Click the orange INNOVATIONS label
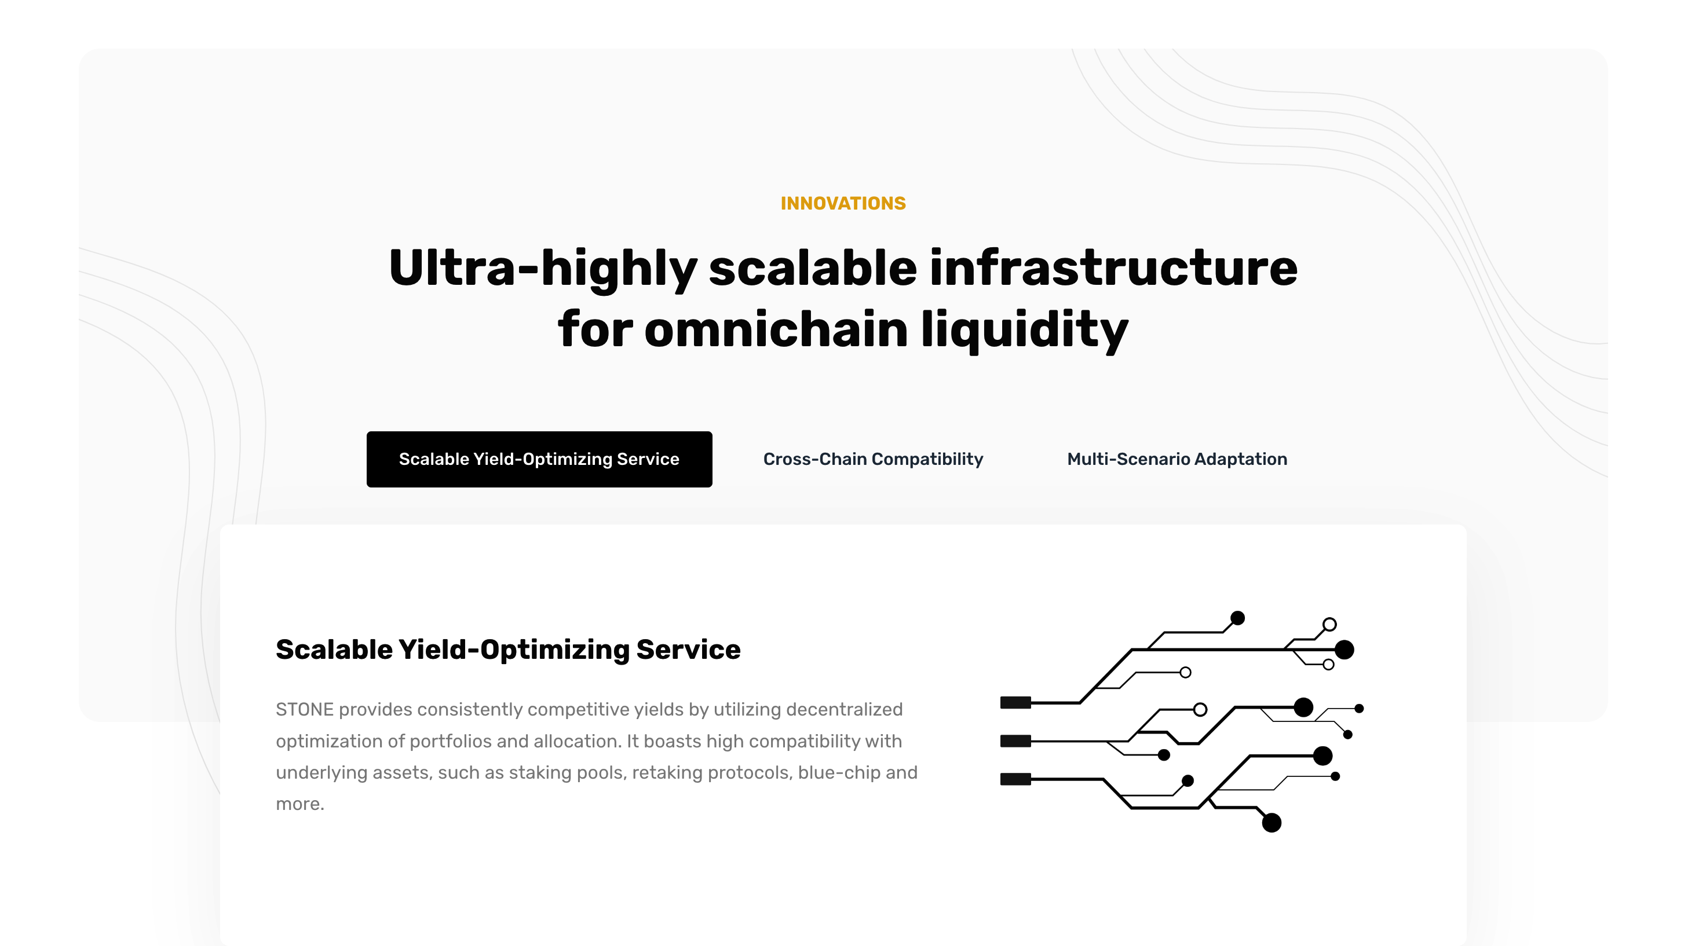(843, 203)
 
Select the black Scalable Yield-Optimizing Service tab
(539, 459)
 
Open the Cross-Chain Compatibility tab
(873, 459)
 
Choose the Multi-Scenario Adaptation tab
(1177, 459)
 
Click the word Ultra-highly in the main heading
(543, 269)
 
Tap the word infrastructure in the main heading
(1113, 268)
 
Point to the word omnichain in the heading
(776, 329)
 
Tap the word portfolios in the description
(450, 742)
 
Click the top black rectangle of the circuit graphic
(1015, 703)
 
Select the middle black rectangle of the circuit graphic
(1015, 741)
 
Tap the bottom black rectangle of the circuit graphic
(1015, 779)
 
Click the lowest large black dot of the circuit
(1272, 823)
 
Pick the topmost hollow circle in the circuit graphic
(1329, 624)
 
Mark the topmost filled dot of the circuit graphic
(1237, 618)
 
